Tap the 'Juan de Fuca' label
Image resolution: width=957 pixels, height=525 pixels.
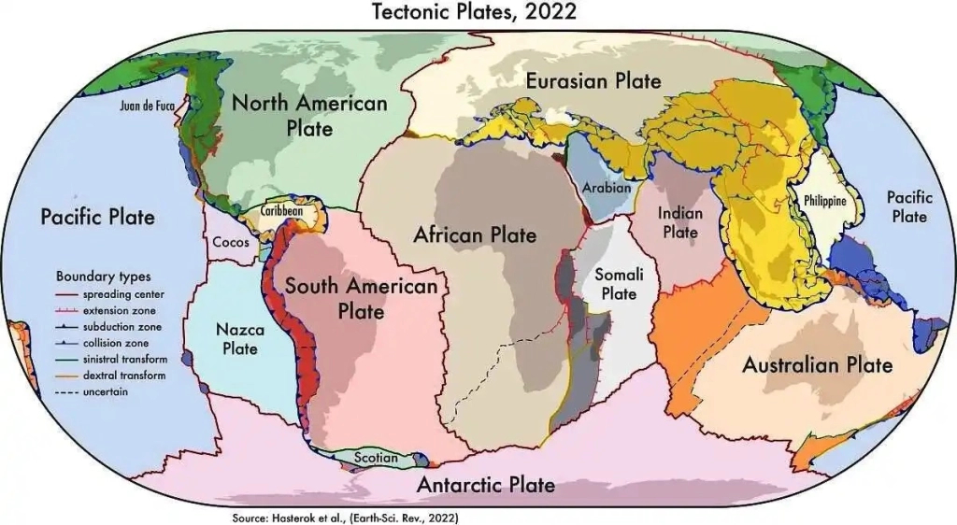148,106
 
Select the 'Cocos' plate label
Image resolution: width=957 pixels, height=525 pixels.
231,242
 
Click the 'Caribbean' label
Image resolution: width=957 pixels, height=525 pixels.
281,211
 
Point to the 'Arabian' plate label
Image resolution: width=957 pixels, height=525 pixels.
607,188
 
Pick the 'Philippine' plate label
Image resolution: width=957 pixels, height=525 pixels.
824,201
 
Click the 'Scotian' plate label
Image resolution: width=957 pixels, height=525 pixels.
377,458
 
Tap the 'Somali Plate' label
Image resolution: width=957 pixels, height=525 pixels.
618,284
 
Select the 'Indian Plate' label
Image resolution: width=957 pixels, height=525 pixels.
679,222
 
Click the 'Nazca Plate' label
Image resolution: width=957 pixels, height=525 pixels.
240,339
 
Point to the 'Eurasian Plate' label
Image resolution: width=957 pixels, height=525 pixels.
593,80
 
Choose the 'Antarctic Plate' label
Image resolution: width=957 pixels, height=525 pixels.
486,485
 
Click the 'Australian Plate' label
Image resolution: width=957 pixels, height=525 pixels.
817,364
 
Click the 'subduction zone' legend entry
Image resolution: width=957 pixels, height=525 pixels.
121,327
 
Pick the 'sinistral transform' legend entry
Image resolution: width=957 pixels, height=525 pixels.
124,360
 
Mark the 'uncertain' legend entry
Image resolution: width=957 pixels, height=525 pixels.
105,391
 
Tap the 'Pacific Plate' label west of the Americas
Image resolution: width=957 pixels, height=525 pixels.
97,217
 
